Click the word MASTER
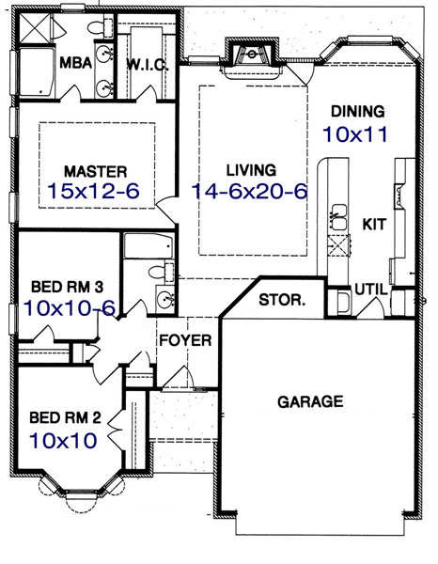click(95, 171)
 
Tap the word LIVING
click(251, 170)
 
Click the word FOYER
click(184, 339)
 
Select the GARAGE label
click(310, 401)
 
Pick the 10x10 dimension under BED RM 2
click(63, 438)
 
